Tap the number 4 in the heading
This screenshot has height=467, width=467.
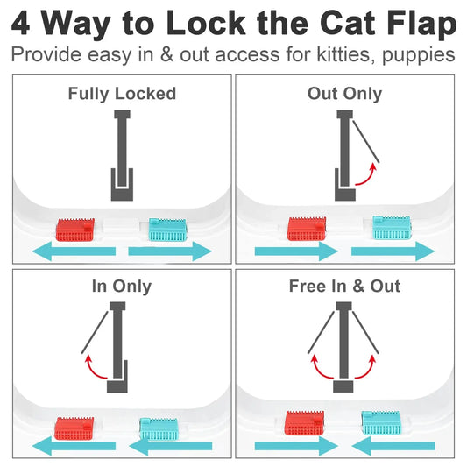(x=23, y=24)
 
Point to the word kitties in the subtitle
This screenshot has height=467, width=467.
(x=319, y=54)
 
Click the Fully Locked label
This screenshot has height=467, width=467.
(x=122, y=93)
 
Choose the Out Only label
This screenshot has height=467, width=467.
(x=344, y=93)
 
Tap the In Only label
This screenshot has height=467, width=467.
(x=122, y=286)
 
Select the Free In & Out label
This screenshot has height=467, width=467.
(x=344, y=286)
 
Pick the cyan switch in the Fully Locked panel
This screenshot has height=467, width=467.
(x=168, y=230)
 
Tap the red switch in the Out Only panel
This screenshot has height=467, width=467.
(x=308, y=229)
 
